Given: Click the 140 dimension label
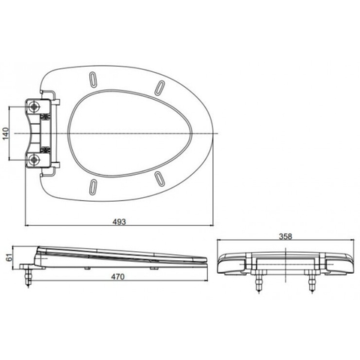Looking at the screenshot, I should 7,133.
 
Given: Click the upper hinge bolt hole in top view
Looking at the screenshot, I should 34,106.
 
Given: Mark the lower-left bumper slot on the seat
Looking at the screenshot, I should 93,186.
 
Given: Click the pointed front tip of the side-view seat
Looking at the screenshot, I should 205,259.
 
